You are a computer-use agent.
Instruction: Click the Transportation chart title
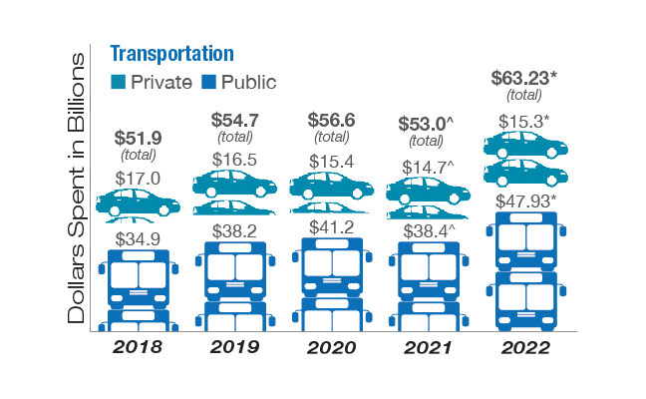171,54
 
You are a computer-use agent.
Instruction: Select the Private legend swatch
118,82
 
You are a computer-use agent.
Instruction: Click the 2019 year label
235,348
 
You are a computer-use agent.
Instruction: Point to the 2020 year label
331,348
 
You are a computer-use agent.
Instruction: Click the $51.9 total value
140,137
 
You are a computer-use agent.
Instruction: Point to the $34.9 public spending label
139,238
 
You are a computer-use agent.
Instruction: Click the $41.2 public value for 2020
331,228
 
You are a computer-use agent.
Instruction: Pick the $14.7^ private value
429,167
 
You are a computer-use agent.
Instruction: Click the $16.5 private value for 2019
235,161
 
